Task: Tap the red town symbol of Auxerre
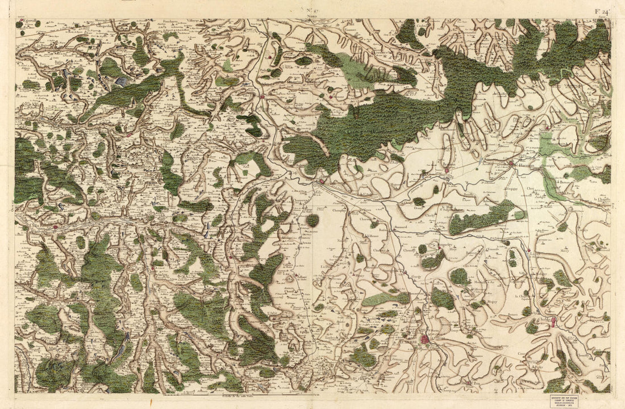pyautogui.click(x=425, y=340)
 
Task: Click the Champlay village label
pyautogui.click(x=339, y=209)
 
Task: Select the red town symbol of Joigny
pyautogui.click(x=322, y=182)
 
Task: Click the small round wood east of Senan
pyautogui.click(x=312, y=220)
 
